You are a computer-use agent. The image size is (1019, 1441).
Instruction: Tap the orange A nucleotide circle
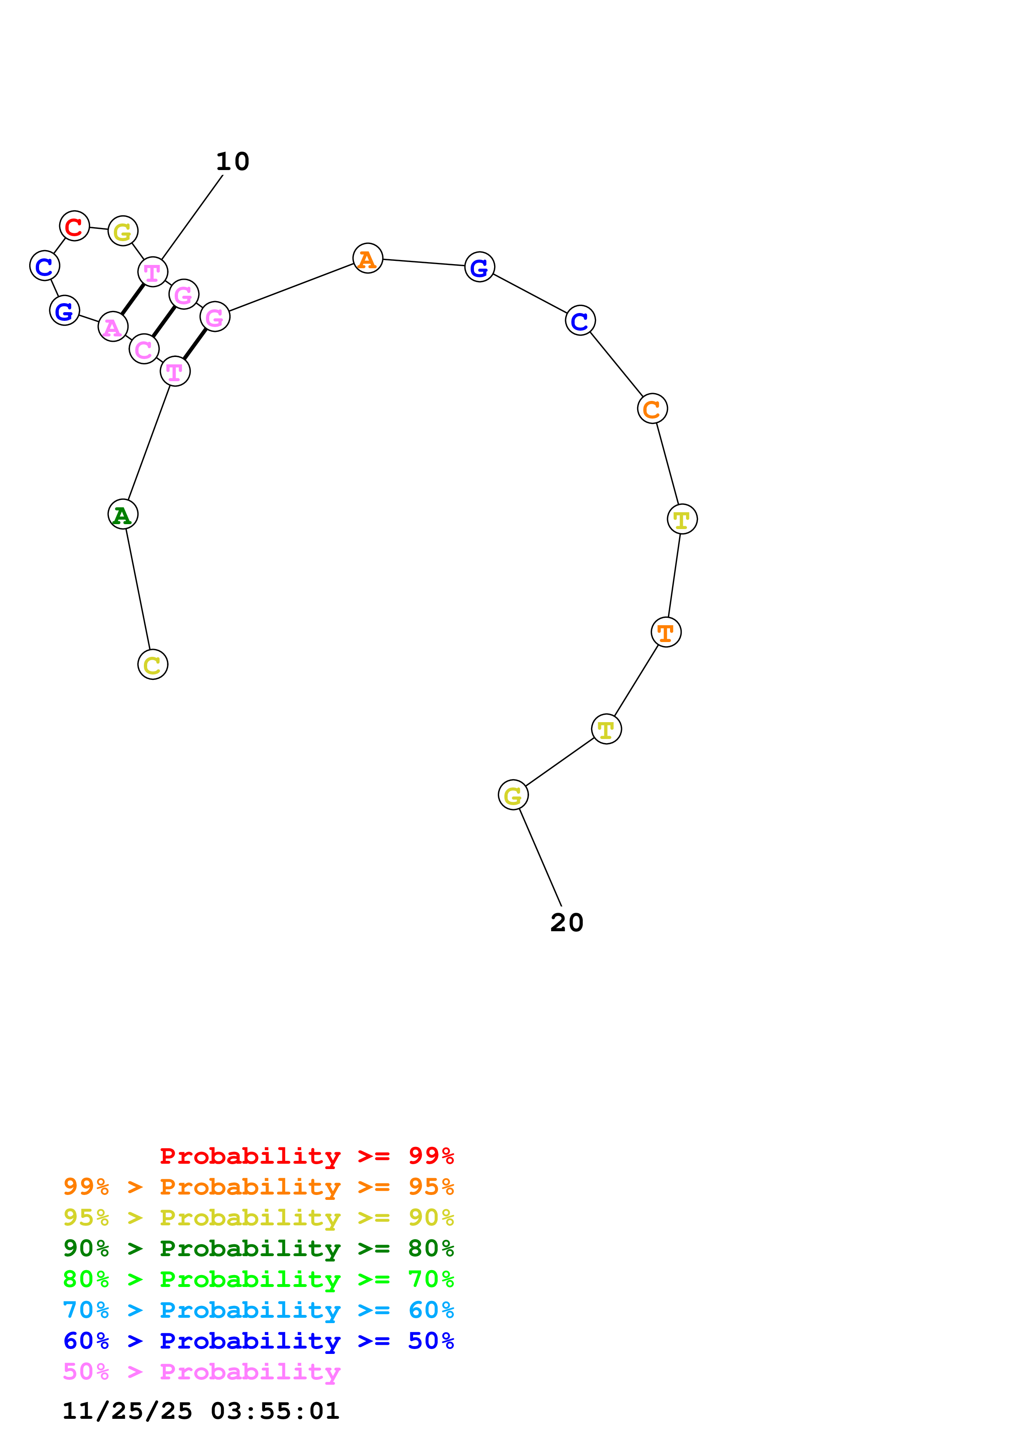point(367,258)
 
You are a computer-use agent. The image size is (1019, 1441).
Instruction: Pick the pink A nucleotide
point(113,326)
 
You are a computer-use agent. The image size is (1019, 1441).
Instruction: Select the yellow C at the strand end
point(153,665)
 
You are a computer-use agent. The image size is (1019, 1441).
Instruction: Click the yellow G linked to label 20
point(513,795)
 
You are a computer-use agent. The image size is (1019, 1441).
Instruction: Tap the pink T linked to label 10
point(153,272)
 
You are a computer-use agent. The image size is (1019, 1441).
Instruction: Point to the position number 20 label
point(566,923)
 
